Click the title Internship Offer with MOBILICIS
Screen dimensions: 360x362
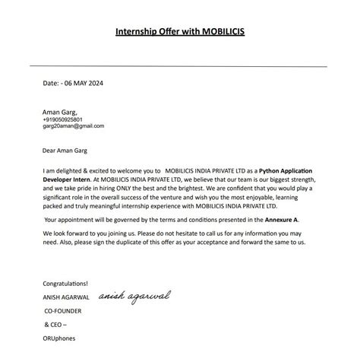180,32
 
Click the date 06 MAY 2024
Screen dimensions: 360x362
83,83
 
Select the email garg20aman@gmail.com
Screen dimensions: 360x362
74,126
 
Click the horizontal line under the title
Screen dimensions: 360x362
180,66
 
